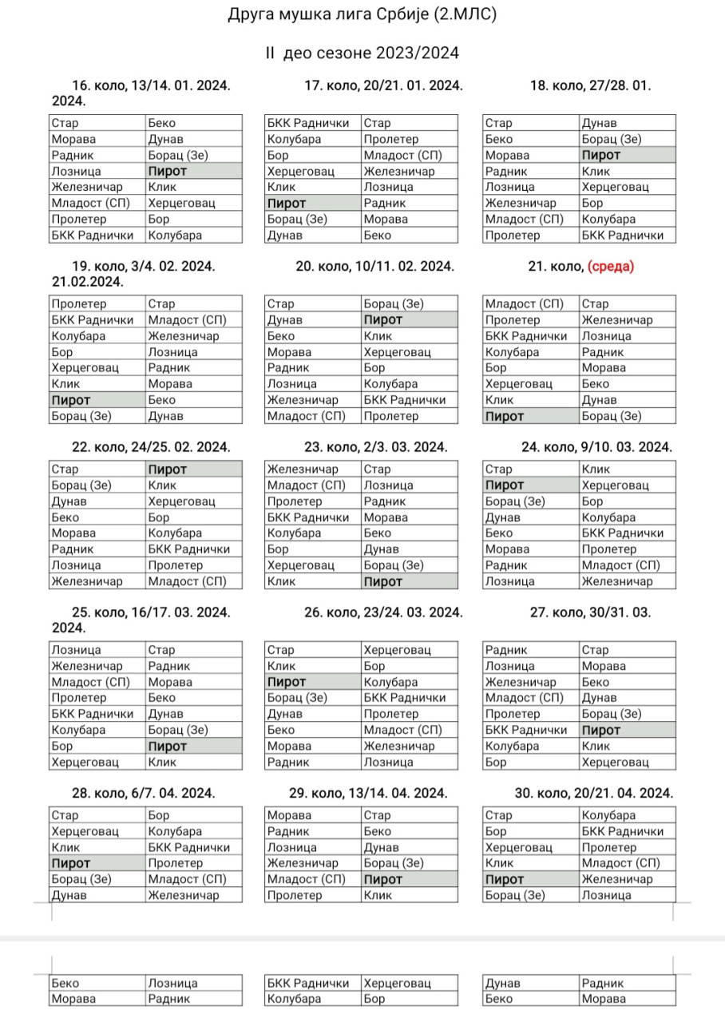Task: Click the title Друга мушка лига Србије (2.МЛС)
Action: pyautogui.click(x=362, y=14)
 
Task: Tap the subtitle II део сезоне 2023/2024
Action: pyautogui.click(x=362, y=53)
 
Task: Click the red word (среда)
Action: pyautogui.click(x=611, y=267)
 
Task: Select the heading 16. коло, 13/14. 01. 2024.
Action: pyautogui.click(x=151, y=86)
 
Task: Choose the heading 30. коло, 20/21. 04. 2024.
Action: pyautogui.click(x=594, y=793)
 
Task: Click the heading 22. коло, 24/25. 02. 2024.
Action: pyautogui.click(x=151, y=447)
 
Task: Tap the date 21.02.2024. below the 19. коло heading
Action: pyautogui.click(x=88, y=281)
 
